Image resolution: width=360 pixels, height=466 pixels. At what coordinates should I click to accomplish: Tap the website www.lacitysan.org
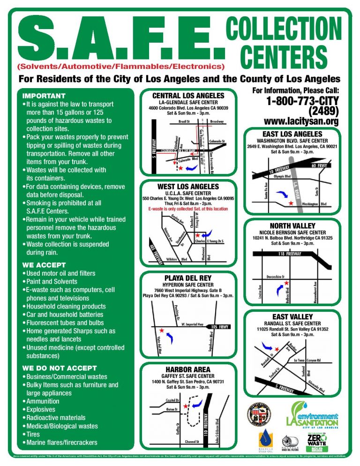coord(301,122)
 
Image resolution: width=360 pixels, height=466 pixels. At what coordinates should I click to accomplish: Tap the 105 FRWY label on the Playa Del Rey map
coord(221,326)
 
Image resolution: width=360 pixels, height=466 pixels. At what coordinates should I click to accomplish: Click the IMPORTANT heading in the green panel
coord(44,96)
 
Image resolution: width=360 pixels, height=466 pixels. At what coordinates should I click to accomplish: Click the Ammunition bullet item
coord(43,401)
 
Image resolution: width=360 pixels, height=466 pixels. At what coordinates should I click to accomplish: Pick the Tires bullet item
coord(35,434)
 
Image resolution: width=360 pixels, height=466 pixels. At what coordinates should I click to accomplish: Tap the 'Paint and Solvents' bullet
coord(52,281)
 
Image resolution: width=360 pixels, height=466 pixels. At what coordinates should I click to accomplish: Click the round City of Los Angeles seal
coord(259,414)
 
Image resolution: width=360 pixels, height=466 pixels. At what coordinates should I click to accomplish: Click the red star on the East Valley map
coord(277,349)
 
